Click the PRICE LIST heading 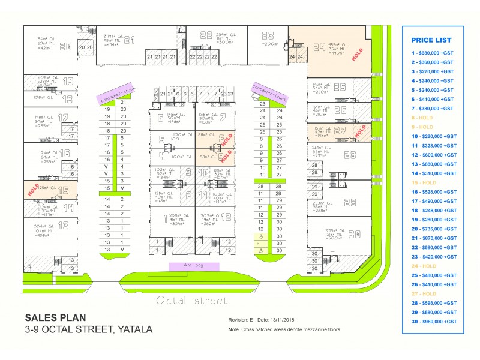click(431, 40)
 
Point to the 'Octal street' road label click(191, 301)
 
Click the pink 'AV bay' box click(194, 266)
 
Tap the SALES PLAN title click(55, 317)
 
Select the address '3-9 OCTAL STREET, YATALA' click(88, 329)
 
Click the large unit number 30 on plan click(354, 233)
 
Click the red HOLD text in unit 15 click(34, 190)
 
